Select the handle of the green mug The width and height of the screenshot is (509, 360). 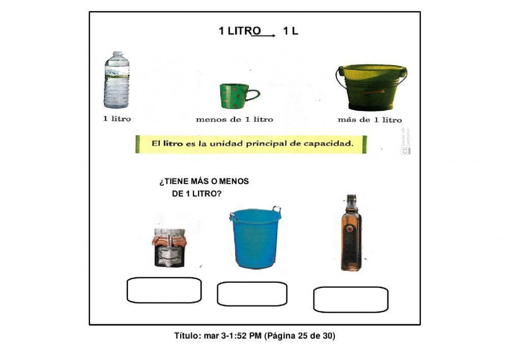[x=252, y=95]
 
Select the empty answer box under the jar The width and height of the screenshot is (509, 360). [x=164, y=290]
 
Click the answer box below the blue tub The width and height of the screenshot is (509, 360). [x=252, y=294]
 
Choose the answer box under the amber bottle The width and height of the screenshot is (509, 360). [x=351, y=299]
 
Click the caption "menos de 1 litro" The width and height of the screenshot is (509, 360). [x=234, y=120]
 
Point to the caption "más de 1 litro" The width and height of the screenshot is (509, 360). [x=370, y=120]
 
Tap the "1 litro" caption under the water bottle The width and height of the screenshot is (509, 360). [x=117, y=119]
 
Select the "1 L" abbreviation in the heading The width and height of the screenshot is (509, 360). [x=291, y=31]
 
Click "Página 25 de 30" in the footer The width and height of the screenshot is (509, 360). [x=300, y=336]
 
